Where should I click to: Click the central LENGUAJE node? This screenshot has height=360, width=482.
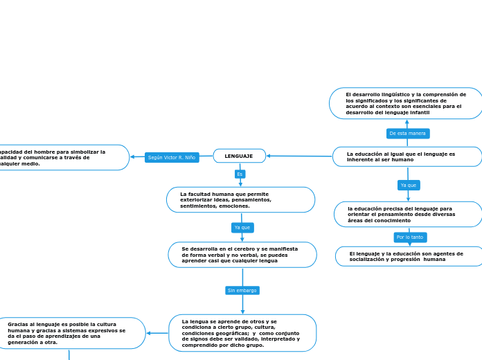pyautogui.click(x=239, y=156)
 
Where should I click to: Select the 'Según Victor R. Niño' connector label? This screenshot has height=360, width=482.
pyautogui.click(x=172, y=158)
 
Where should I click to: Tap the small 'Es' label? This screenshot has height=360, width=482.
pyautogui.click(x=240, y=174)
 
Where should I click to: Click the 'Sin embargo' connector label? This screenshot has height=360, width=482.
pyautogui.click(x=242, y=290)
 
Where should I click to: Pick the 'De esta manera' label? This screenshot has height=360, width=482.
pyautogui.click(x=408, y=133)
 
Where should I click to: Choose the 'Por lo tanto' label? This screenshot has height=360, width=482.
pyautogui.click(x=410, y=237)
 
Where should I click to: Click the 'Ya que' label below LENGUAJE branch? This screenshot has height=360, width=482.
pyautogui.click(x=242, y=227)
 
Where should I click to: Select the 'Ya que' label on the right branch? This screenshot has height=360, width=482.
pyautogui.click(x=409, y=185)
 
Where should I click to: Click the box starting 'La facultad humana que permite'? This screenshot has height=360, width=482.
pyautogui.click(x=240, y=200)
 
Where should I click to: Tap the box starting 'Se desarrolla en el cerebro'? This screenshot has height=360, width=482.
pyautogui.click(x=242, y=255)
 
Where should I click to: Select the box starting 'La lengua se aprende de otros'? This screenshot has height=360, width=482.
pyautogui.click(x=242, y=333)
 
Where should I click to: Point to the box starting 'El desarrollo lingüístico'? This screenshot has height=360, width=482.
pyautogui.click(x=406, y=103)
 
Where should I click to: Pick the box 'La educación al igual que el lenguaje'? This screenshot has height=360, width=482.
pyautogui.click(x=407, y=156)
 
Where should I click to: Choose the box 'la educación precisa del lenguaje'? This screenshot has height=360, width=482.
pyautogui.click(x=408, y=215)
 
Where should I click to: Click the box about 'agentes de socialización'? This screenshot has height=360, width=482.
pyautogui.click(x=409, y=256)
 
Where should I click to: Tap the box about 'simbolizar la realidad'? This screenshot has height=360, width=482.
pyautogui.click(x=62, y=158)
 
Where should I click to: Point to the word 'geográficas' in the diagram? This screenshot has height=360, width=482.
pyautogui.click(x=224, y=333)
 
